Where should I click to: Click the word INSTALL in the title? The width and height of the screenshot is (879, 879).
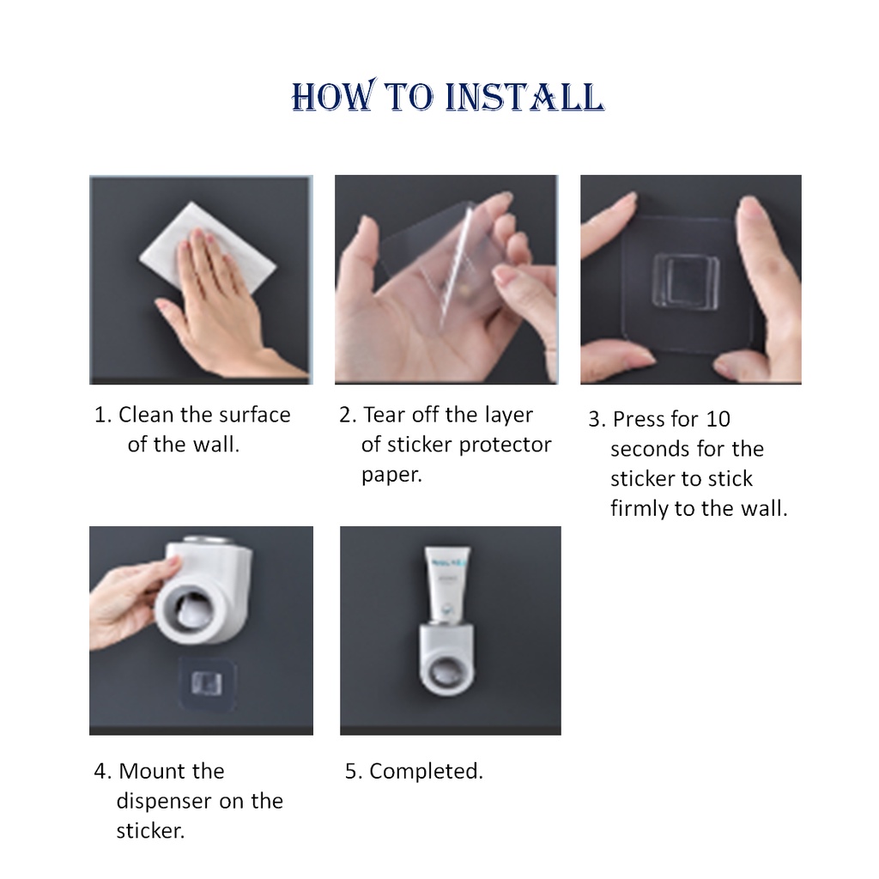[524, 96]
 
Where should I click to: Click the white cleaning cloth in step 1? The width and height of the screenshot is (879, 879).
[208, 246]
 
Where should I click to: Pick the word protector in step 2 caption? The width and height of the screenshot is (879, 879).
[505, 446]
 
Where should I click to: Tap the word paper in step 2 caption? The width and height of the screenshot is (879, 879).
[391, 476]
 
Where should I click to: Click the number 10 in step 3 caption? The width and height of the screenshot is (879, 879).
[718, 419]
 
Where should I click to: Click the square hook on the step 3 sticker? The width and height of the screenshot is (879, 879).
[684, 281]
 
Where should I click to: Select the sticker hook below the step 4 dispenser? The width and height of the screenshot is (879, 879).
[207, 683]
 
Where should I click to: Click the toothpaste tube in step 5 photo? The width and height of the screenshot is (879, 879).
[446, 583]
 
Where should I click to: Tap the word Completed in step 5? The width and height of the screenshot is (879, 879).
[426, 773]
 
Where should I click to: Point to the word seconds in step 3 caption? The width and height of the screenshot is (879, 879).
[650, 449]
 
